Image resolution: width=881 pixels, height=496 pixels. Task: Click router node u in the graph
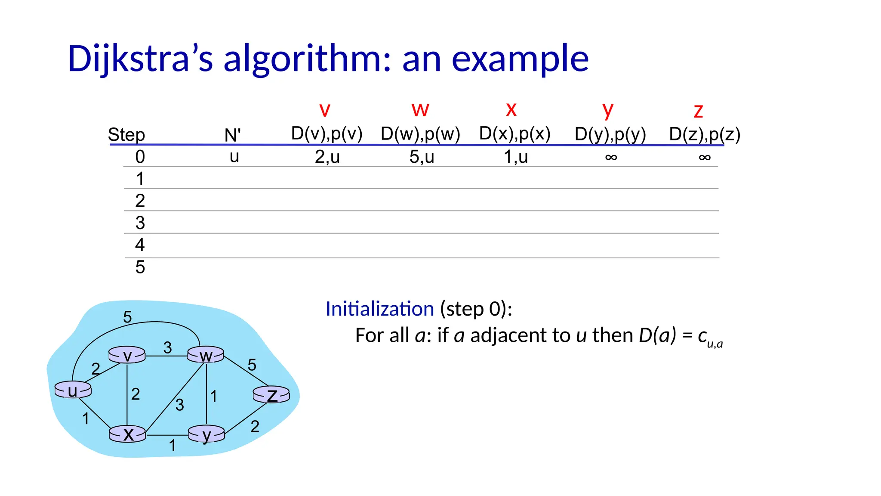[x=73, y=390]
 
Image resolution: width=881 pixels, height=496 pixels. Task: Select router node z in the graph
[x=271, y=394]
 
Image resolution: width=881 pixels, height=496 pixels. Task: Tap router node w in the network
[x=206, y=355]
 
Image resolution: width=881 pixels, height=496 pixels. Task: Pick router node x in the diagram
[x=127, y=434]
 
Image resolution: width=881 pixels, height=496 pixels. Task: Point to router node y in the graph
[x=206, y=434]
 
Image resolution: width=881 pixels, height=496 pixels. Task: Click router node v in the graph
[x=127, y=355]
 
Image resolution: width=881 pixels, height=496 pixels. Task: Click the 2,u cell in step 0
[x=327, y=157]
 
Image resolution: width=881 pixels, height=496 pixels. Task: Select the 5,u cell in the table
[x=422, y=157]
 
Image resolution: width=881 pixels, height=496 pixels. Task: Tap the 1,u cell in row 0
[x=515, y=157]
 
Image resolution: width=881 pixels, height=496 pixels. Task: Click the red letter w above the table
[x=420, y=109]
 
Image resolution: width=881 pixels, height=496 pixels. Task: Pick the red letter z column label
[x=698, y=111]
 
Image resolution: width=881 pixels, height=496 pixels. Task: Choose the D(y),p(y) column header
[x=610, y=134]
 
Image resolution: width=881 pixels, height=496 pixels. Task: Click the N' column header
[x=232, y=135]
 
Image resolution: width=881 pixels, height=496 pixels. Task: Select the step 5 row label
[x=140, y=267]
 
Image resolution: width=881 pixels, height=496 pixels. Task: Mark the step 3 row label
[x=140, y=223]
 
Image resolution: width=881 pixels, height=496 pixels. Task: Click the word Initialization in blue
[x=379, y=309]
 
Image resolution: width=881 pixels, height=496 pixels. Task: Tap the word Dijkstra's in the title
[x=140, y=59]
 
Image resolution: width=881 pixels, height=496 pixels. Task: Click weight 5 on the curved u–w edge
[x=127, y=317]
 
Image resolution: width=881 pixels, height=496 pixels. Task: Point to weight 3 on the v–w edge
[x=167, y=347]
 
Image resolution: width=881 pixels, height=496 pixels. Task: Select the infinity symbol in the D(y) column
[x=611, y=158]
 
